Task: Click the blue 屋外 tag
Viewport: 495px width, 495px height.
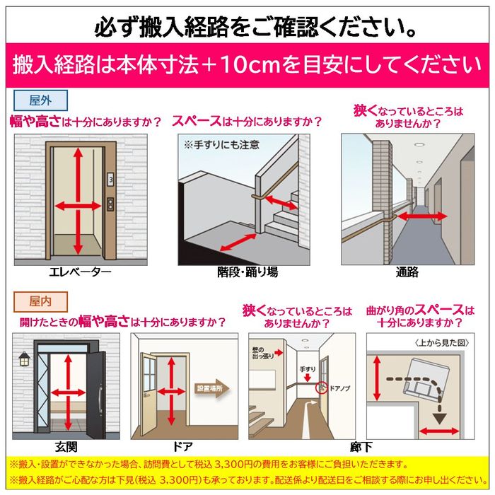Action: pos(40,100)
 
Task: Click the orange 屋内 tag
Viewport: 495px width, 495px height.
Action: pos(40,301)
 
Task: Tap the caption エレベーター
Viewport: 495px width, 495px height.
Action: pos(81,272)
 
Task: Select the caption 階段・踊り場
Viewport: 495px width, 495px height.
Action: pos(248,272)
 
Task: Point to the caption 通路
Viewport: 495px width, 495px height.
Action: pos(407,272)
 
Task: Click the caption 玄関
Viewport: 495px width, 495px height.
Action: pos(66,447)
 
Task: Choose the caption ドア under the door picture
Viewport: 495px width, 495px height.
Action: pos(182,447)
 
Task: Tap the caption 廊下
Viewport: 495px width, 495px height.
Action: pos(361,447)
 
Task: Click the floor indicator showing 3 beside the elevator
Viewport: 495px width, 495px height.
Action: pos(110,180)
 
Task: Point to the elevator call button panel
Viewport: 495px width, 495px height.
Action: pos(110,204)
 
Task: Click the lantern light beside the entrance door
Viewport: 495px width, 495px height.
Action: pos(24,359)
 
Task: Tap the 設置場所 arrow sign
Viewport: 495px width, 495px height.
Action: pos(211,389)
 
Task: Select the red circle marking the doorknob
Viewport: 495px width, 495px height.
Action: pos(322,388)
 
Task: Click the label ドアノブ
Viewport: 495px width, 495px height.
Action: pos(339,388)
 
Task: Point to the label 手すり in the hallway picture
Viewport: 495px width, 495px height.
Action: pos(308,368)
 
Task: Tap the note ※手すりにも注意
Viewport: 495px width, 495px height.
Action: pos(221,145)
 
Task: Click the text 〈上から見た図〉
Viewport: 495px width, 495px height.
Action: pos(442,343)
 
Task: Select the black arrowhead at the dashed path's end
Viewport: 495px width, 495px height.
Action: pos(439,419)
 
